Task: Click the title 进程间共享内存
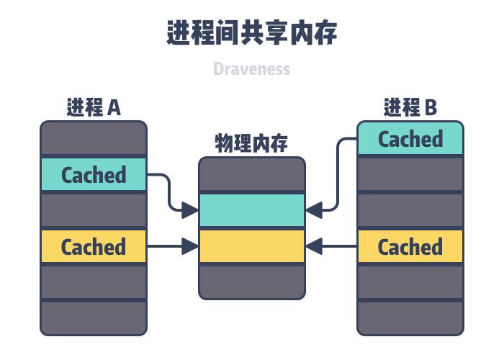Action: (252, 33)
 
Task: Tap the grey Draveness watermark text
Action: (252, 69)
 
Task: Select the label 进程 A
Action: (94, 108)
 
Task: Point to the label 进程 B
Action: (410, 108)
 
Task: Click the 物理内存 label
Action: (252, 143)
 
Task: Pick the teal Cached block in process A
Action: (94, 175)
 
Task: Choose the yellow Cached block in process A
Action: (94, 247)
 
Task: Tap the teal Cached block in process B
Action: (410, 139)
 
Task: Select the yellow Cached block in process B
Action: (410, 247)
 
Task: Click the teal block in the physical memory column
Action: (252, 210)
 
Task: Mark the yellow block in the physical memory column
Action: (252, 247)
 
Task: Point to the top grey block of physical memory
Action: (252, 175)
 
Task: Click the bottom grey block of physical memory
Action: (252, 282)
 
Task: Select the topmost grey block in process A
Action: (94, 138)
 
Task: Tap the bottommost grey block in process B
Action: (410, 318)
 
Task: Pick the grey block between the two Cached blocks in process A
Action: (94, 210)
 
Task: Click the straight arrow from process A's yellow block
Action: (173, 247)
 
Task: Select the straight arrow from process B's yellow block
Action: (331, 247)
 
